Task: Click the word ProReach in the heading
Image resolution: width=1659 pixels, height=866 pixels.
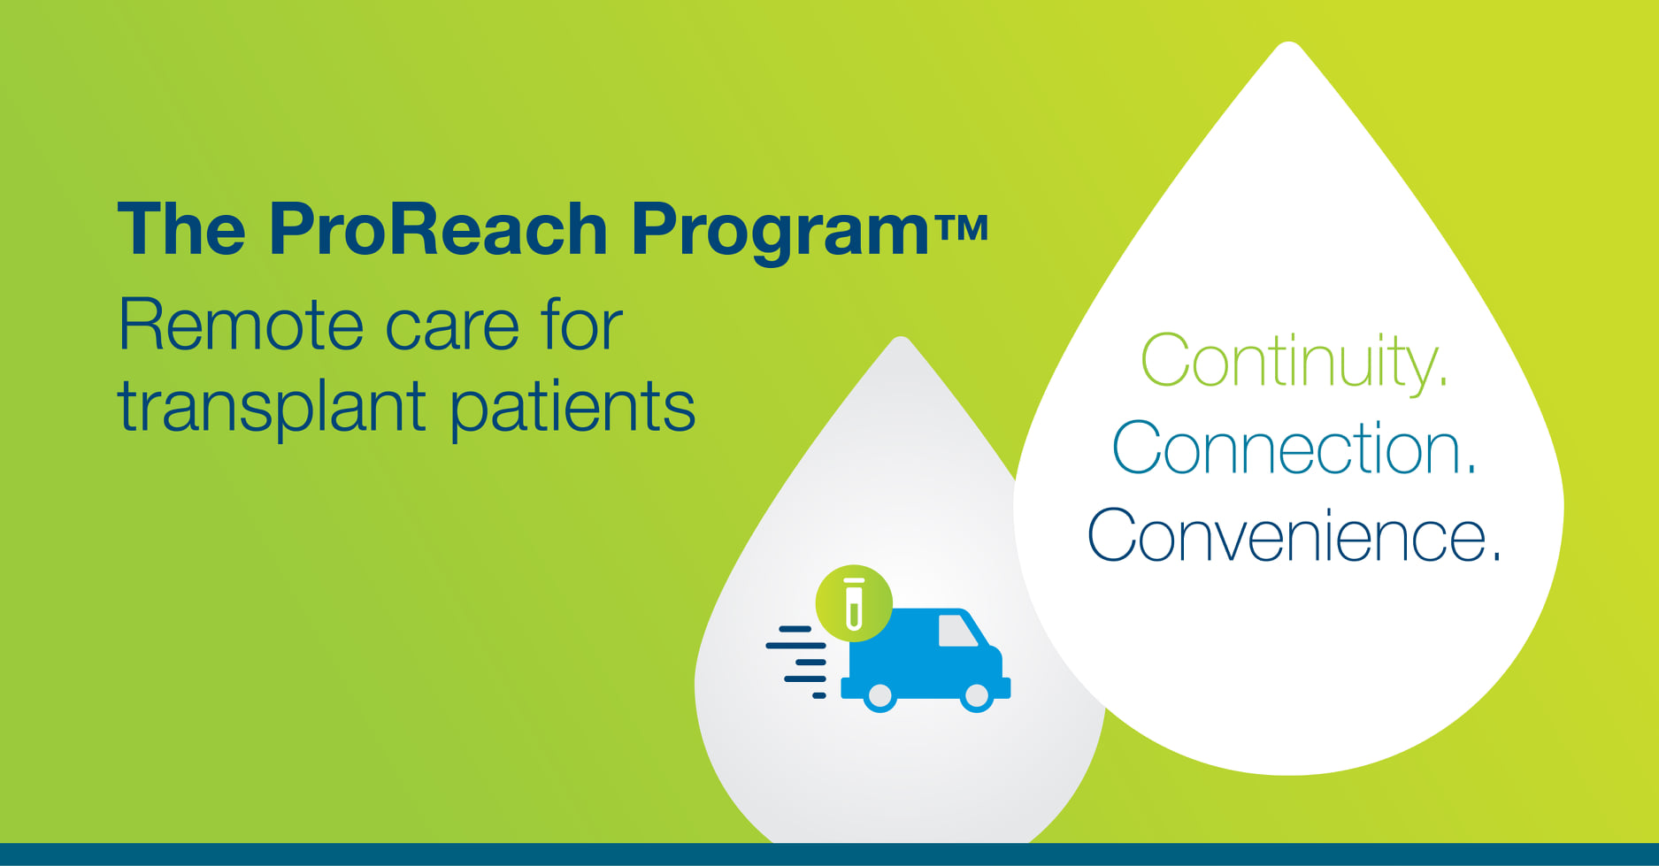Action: tap(438, 229)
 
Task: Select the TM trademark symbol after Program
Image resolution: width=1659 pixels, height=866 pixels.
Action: tap(960, 228)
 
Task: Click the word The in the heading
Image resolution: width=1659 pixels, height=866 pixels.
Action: tap(181, 229)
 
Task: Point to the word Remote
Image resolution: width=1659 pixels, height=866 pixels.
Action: tap(241, 325)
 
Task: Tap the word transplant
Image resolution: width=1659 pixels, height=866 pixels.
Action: tap(273, 407)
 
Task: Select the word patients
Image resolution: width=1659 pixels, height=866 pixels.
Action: tap(573, 407)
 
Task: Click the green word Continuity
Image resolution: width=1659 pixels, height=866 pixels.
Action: tap(1294, 362)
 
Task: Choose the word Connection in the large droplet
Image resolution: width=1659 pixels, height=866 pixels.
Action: tap(1294, 448)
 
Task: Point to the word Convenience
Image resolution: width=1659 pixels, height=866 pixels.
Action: tap(1294, 535)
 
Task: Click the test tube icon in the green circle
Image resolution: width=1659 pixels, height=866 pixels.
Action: tap(854, 603)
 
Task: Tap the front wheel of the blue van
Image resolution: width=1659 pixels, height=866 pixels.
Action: tap(976, 696)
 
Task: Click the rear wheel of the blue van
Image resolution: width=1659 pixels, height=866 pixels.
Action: tap(880, 696)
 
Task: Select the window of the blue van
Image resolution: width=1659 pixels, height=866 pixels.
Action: tap(956, 631)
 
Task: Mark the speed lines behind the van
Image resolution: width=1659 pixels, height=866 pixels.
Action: tap(796, 663)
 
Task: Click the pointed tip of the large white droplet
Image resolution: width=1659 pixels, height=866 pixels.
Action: tap(1290, 42)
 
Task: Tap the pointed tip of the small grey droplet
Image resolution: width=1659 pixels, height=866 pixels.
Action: tap(901, 338)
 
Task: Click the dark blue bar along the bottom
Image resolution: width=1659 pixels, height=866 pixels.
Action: tap(829, 855)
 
